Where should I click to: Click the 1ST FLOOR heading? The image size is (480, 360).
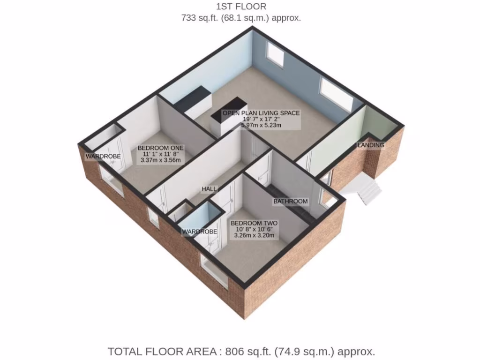241,7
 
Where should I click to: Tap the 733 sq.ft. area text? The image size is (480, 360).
241,18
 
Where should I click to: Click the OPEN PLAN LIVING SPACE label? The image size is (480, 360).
261,113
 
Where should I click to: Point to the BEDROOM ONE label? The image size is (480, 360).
161,148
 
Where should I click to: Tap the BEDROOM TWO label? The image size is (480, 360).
254,223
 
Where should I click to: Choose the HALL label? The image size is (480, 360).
209,189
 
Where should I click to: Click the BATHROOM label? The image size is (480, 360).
291,202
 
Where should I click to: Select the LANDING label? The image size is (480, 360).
371,145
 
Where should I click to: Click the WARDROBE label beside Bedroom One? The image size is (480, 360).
103,156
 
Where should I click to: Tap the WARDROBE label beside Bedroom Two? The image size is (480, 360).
200,232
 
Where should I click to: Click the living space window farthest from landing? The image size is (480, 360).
275,54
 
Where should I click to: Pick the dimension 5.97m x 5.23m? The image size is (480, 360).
261,125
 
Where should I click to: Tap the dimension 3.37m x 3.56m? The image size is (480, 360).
161,160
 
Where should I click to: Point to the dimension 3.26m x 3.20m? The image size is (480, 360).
254,236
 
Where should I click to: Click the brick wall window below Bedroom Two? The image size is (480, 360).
214,271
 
